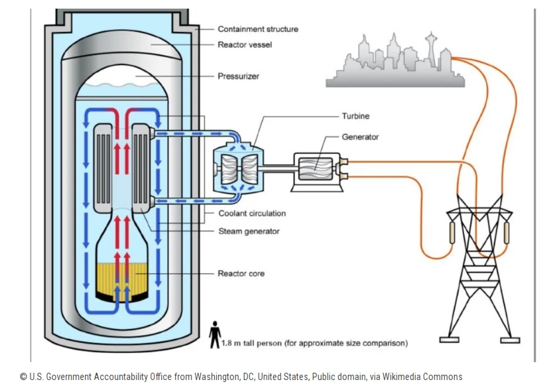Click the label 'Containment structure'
257,29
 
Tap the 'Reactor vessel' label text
245,44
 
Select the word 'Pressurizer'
238,76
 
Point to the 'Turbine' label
357,116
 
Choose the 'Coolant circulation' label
252,214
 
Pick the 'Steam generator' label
249,231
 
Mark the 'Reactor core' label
241,273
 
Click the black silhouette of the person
214,334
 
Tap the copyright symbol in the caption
23,377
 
